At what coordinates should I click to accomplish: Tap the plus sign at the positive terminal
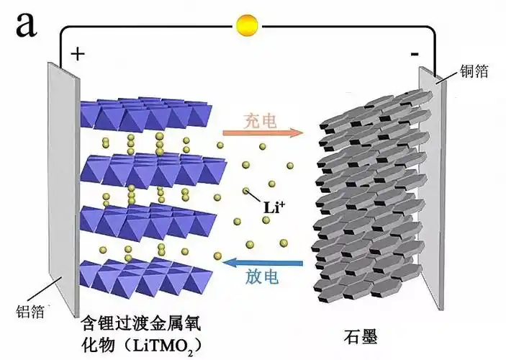[78, 53]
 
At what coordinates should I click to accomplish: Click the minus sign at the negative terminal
[414, 54]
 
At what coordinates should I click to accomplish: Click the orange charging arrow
[261, 132]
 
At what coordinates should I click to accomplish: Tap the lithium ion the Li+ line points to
[245, 192]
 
